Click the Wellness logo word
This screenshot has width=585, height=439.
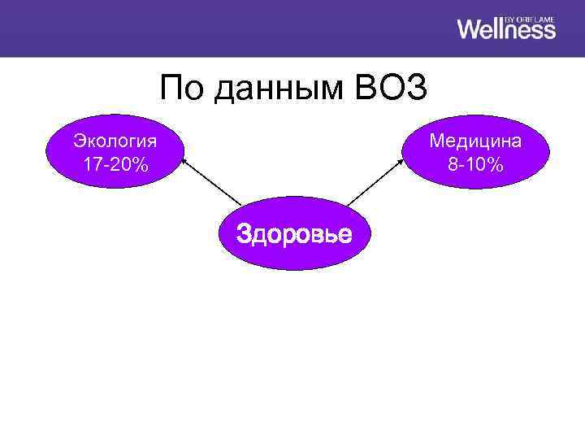click(506, 29)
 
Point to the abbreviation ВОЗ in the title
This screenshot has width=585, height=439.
click(391, 89)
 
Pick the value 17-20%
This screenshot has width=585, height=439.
click(115, 165)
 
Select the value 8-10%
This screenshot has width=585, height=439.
click(475, 165)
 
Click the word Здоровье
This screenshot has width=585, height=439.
click(293, 234)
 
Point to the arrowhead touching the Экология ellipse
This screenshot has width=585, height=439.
click(184, 160)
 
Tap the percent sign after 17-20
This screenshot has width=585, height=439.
click(141, 165)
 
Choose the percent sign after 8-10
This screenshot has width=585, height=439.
click(495, 165)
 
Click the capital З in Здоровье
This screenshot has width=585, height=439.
click(242, 234)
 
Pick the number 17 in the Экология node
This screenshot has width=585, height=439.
click(91, 165)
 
